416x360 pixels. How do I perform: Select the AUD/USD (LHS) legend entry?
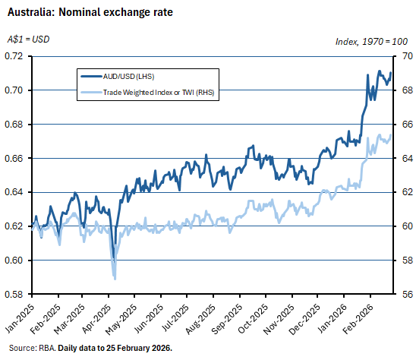pos(131,75)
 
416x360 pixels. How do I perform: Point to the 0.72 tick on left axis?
pos(14,56)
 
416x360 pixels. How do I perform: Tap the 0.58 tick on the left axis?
pos(14,295)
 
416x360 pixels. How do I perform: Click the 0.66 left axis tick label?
pos(14,158)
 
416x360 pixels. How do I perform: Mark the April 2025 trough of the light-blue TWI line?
pos(115,279)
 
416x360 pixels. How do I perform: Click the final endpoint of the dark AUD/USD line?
pos(391,74)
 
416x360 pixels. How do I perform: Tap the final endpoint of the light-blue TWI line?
pos(391,136)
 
